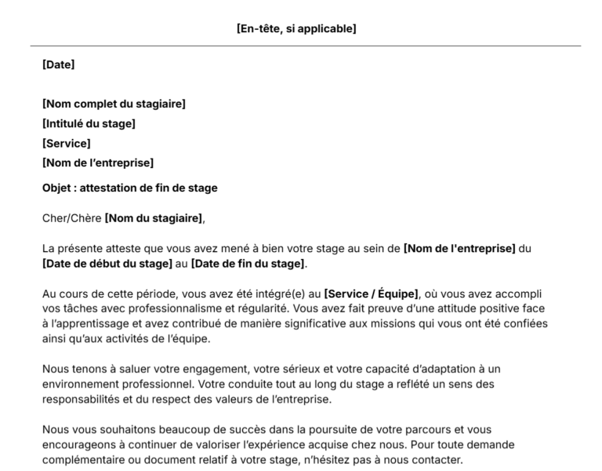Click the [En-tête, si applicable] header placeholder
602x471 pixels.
point(296,29)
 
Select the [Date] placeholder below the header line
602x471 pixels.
point(58,65)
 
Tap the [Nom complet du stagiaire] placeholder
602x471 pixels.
point(114,104)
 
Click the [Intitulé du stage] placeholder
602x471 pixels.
point(89,123)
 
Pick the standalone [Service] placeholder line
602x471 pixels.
point(66,144)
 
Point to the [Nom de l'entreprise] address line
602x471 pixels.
point(97,163)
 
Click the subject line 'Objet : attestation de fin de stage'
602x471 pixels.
point(129,188)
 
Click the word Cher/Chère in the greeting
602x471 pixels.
point(71,218)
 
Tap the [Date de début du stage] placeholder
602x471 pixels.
point(107,263)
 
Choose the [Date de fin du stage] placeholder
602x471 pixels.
point(248,263)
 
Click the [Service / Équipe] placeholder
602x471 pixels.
point(371,294)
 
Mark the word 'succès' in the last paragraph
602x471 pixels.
point(222,430)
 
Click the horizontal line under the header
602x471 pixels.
point(300,46)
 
